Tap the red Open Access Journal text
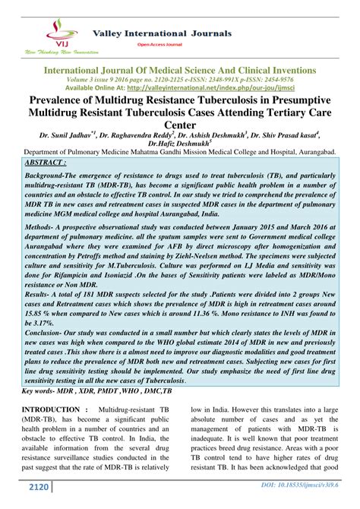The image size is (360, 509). [x=158, y=45]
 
